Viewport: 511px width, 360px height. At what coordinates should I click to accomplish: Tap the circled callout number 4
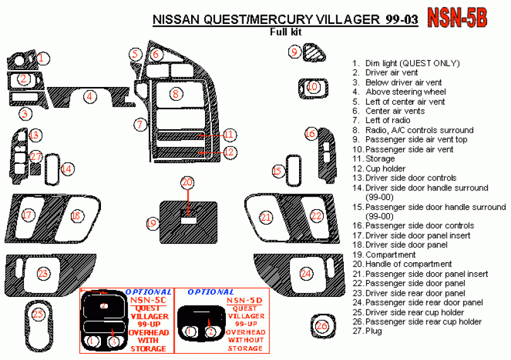[x=91, y=96]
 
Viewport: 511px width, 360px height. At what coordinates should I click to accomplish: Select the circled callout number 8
[x=175, y=94]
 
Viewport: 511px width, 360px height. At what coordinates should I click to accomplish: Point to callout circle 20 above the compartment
[x=187, y=183]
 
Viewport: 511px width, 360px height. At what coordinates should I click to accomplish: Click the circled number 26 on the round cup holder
[x=322, y=326]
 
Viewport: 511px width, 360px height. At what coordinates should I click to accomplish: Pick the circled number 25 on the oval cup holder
[x=38, y=314]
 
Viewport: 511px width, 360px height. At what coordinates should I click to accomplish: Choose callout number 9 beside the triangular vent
[x=295, y=52]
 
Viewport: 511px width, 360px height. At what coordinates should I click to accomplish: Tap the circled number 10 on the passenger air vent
[x=314, y=87]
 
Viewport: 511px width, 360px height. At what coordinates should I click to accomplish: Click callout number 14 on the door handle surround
[x=67, y=168]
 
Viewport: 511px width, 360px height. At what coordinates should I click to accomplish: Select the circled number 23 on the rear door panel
[x=43, y=273]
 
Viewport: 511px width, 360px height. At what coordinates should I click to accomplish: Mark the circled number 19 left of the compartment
[x=151, y=223]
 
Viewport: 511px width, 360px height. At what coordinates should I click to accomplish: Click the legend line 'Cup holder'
[x=380, y=169]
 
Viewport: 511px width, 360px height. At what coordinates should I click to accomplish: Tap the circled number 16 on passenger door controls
[x=310, y=134]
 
